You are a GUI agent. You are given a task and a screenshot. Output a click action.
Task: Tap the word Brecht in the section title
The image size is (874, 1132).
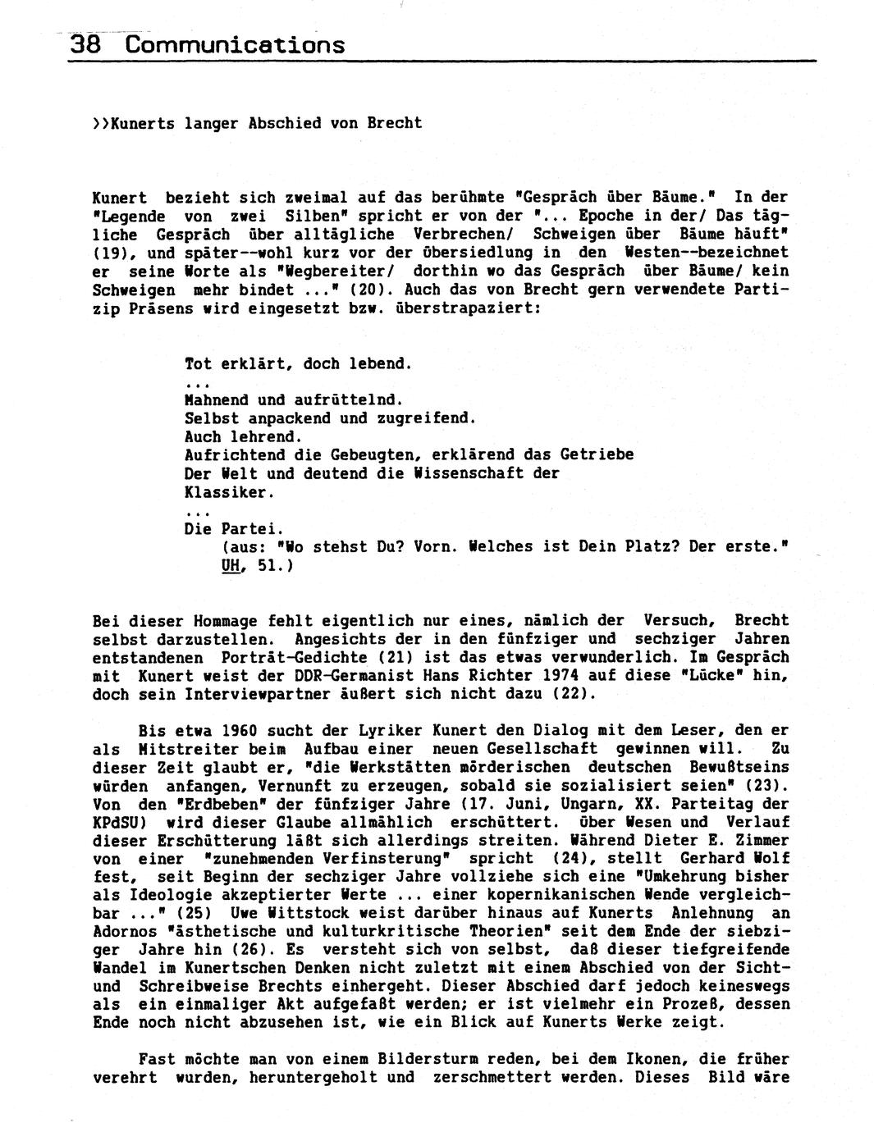pos(395,123)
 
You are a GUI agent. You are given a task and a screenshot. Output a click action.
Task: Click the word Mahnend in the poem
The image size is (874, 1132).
pos(217,400)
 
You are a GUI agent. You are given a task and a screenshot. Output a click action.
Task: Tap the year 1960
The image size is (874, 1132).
pos(221,730)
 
